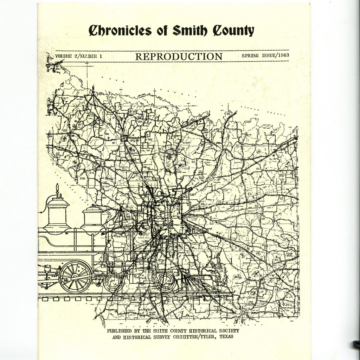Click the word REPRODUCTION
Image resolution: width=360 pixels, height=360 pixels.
point(179,57)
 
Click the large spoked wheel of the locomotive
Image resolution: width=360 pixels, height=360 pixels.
point(76,276)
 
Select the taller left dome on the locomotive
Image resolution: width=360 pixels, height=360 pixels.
point(57,213)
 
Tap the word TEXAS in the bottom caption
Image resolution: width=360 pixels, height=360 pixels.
point(223,336)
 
